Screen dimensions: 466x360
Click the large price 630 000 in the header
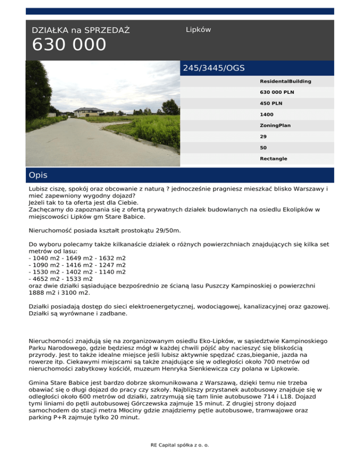[69, 45]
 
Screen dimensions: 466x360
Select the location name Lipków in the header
[198, 30]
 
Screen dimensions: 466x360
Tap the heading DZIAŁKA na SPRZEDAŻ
[81, 31]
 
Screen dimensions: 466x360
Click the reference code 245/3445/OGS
[214, 68]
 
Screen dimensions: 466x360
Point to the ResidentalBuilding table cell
[285, 82]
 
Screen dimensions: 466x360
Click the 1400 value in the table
[267, 114]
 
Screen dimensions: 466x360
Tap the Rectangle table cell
[274, 159]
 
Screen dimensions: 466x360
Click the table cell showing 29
[263, 136]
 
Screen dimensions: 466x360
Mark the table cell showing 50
[263, 148]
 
